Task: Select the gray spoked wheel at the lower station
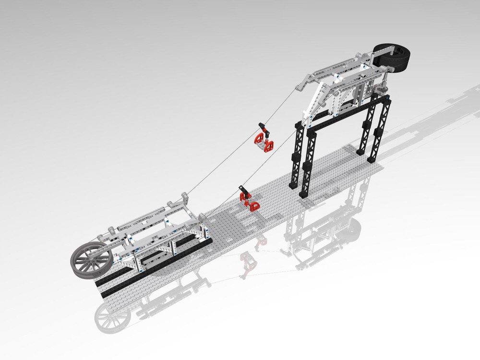(x=91, y=260)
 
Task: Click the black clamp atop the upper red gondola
(x=263, y=127)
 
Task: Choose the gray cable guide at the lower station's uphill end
(x=185, y=197)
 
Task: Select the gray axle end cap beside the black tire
(x=393, y=70)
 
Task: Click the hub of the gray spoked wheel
(x=91, y=260)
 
